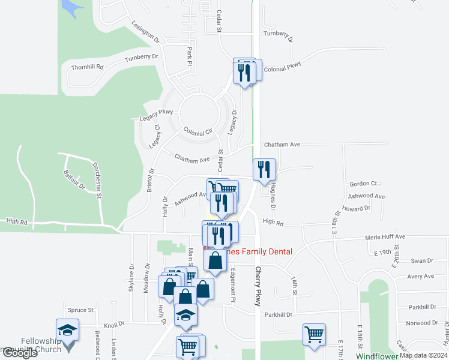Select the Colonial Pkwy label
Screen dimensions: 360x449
[282, 69]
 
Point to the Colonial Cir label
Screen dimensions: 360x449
[199, 131]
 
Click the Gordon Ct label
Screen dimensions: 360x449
[363, 183]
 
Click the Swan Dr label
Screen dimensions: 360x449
[422, 261]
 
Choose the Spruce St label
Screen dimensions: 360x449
[80, 310]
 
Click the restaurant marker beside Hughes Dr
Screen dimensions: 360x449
[264, 170]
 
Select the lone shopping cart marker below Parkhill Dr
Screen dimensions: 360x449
[315, 334]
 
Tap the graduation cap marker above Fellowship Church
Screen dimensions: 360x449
[67, 329]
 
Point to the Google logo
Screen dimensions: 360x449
[20, 353]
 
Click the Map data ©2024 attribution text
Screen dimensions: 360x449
[423, 355]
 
